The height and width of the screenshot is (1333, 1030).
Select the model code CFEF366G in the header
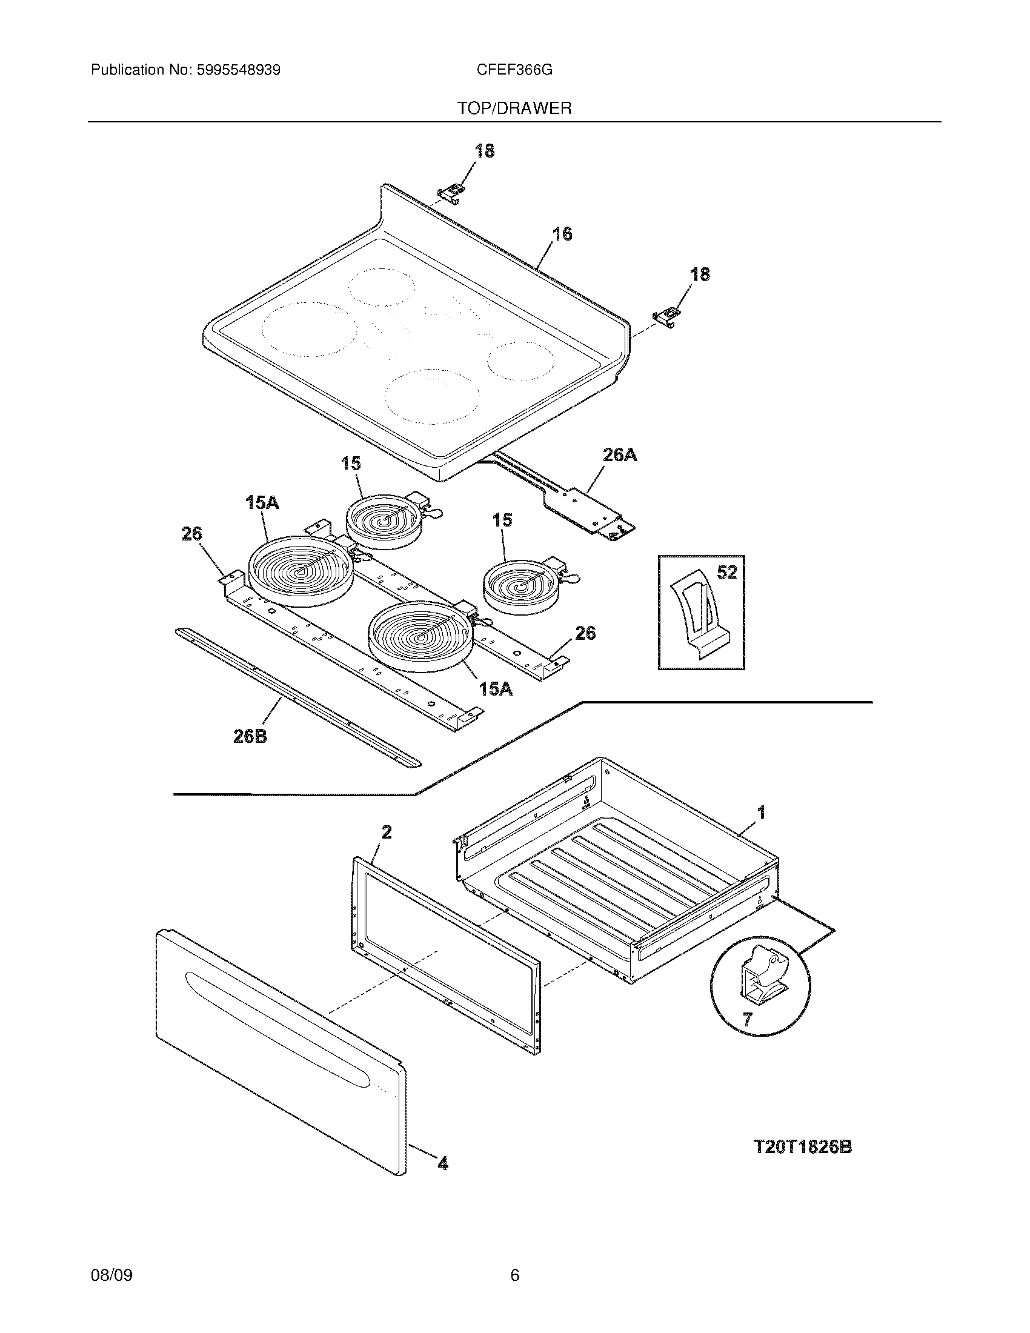[514, 70]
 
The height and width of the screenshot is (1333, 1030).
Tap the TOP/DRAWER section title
[514, 108]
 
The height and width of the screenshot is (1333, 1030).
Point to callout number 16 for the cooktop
[562, 234]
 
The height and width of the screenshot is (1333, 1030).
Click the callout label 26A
[619, 454]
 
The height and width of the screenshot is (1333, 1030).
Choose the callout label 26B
[250, 736]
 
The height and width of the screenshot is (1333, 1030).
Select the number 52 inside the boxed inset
[726, 573]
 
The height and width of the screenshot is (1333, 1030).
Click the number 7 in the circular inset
[747, 1019]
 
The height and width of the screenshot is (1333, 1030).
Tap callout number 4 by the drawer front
[443, 1164]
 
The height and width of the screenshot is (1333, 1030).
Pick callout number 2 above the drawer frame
[387, 832]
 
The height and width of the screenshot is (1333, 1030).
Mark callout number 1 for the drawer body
[761, 813]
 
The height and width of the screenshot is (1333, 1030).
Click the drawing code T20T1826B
[803, 1147]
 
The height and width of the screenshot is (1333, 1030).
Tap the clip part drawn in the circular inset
[761, 976]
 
